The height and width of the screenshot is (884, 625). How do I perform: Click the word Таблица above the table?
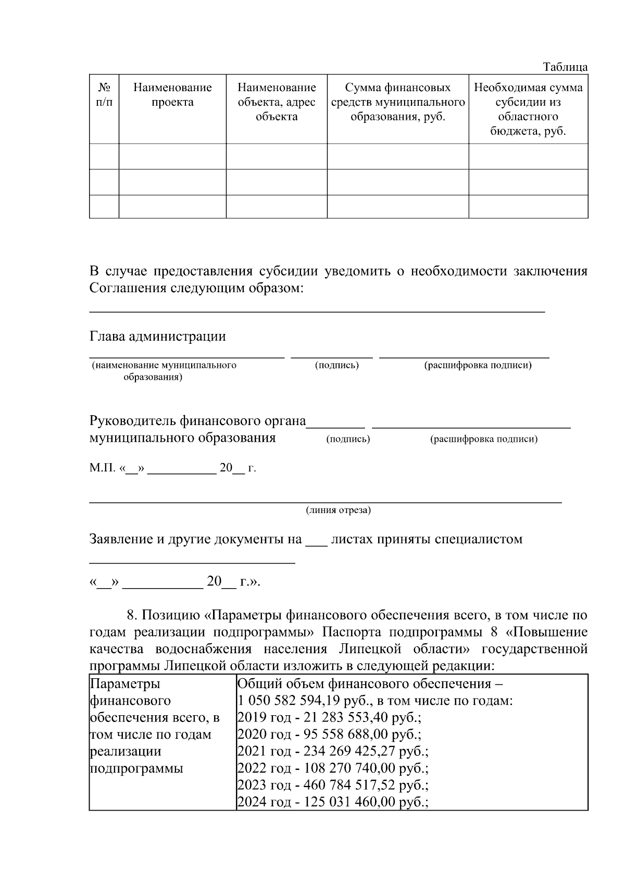(x=565, y=67)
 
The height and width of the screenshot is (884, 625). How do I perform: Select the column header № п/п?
(x=104, y=95)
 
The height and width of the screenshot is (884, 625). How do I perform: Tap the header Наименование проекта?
(x=172, y=95)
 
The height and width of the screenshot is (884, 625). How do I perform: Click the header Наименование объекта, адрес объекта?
(x=277, y=102)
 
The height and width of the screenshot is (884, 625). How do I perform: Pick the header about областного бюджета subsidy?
(x=528, y=109)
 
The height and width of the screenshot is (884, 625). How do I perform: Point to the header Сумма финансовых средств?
(x=398, y=102)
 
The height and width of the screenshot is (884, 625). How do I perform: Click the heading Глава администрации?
(x=158, y=337)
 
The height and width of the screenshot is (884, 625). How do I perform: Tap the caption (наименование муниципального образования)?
(x=164, y=371)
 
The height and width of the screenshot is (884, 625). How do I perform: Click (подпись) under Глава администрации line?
(x=337, y=365)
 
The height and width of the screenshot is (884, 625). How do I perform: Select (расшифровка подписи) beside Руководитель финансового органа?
(x=484, y=439)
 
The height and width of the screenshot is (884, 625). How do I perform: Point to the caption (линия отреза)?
(x=338, y=510)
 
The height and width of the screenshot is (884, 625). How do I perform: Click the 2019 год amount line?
(x=329, y=718)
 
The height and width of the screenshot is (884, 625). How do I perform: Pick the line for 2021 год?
(x=333, y=752)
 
